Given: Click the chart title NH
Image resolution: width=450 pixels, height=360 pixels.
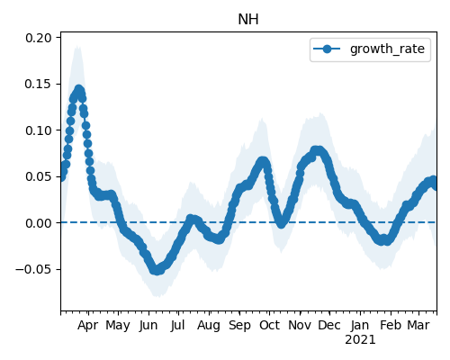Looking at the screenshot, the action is pos(248,20).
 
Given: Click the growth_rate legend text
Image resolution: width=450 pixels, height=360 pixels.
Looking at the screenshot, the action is pos(387,49).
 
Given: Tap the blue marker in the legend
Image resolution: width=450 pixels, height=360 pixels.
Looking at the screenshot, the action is pos(327,49).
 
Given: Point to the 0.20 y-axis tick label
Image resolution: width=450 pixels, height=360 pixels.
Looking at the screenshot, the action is pos(39,38).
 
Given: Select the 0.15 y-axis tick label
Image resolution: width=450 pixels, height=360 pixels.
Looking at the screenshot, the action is pos(39,84).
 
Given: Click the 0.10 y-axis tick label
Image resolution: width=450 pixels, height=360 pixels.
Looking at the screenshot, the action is pos(39,130).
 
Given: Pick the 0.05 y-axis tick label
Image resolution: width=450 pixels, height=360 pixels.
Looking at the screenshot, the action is pos(39,176).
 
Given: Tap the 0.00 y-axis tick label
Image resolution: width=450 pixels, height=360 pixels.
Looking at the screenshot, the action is pos(39,223).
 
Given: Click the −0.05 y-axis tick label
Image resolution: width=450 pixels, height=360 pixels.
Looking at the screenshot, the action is pos(33,269).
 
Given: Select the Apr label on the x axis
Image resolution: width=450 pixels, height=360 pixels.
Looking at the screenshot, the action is pos(88,326).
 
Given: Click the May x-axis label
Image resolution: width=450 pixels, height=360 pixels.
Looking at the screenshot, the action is pos(118,326).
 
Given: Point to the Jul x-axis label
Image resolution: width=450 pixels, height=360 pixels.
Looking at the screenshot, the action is pos(178,326).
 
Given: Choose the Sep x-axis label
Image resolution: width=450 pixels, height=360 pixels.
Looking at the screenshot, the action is pos(239,326).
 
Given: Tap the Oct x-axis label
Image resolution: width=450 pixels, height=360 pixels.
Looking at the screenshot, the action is pos(269,326).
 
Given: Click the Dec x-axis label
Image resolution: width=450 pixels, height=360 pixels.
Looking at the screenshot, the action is pos(329,326).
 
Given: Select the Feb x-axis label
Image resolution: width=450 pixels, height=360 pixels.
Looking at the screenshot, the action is pos(391,326).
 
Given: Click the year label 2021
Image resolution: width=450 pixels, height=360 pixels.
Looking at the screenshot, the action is pos(360,340).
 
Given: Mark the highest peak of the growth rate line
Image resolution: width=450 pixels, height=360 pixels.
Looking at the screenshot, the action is pos(79,89).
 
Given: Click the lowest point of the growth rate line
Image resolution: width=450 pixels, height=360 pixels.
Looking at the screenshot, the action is pos(157,271).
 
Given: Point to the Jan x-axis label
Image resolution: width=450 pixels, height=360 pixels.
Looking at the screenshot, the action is pos(360,326).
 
